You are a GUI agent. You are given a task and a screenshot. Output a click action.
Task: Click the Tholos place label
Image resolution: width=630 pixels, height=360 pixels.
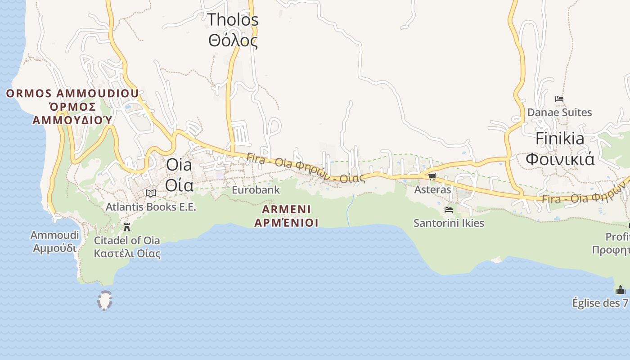coord(233,20)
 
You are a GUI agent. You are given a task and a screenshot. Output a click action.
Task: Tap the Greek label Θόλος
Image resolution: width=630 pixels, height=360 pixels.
coord(233,40)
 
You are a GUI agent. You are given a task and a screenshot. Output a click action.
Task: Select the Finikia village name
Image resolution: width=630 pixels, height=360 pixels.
coord(560,138)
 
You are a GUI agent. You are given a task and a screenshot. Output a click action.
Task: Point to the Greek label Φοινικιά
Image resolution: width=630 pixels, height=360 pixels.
coord(560,159)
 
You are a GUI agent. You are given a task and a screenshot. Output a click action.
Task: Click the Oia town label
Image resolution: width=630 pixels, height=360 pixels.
coord(179,165)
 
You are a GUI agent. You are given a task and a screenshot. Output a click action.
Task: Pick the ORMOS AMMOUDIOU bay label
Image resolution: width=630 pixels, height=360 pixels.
coord(72,94)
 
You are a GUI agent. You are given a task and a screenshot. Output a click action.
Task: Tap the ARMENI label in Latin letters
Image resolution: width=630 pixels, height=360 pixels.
coord(287,209)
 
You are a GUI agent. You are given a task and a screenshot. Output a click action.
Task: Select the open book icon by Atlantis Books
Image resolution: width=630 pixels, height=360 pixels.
coord(151,193)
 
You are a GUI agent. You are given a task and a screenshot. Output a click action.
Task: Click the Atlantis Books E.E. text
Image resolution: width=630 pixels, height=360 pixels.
coord(151,207)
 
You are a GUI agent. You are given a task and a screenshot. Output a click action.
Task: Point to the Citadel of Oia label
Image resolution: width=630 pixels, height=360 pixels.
coord(127,240)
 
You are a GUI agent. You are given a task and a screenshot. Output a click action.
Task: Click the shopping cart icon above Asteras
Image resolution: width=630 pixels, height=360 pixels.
coord(432,176)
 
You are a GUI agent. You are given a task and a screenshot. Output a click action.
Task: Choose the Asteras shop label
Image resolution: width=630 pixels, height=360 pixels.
coord(432,190)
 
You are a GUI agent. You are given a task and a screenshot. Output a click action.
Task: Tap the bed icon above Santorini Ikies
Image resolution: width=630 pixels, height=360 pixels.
coord(448,209)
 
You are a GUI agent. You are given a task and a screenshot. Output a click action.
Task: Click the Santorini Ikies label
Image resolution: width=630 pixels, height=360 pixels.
coord(449,223)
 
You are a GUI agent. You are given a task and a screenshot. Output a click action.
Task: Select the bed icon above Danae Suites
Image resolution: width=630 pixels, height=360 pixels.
coord(559,99)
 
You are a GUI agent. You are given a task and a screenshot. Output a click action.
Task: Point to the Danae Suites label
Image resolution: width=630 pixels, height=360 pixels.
coord(559,112)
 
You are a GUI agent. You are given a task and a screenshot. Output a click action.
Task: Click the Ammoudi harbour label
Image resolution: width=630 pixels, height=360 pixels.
coord(54,235)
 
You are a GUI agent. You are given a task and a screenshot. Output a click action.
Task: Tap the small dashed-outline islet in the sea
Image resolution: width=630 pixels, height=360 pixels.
coord(105,301)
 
